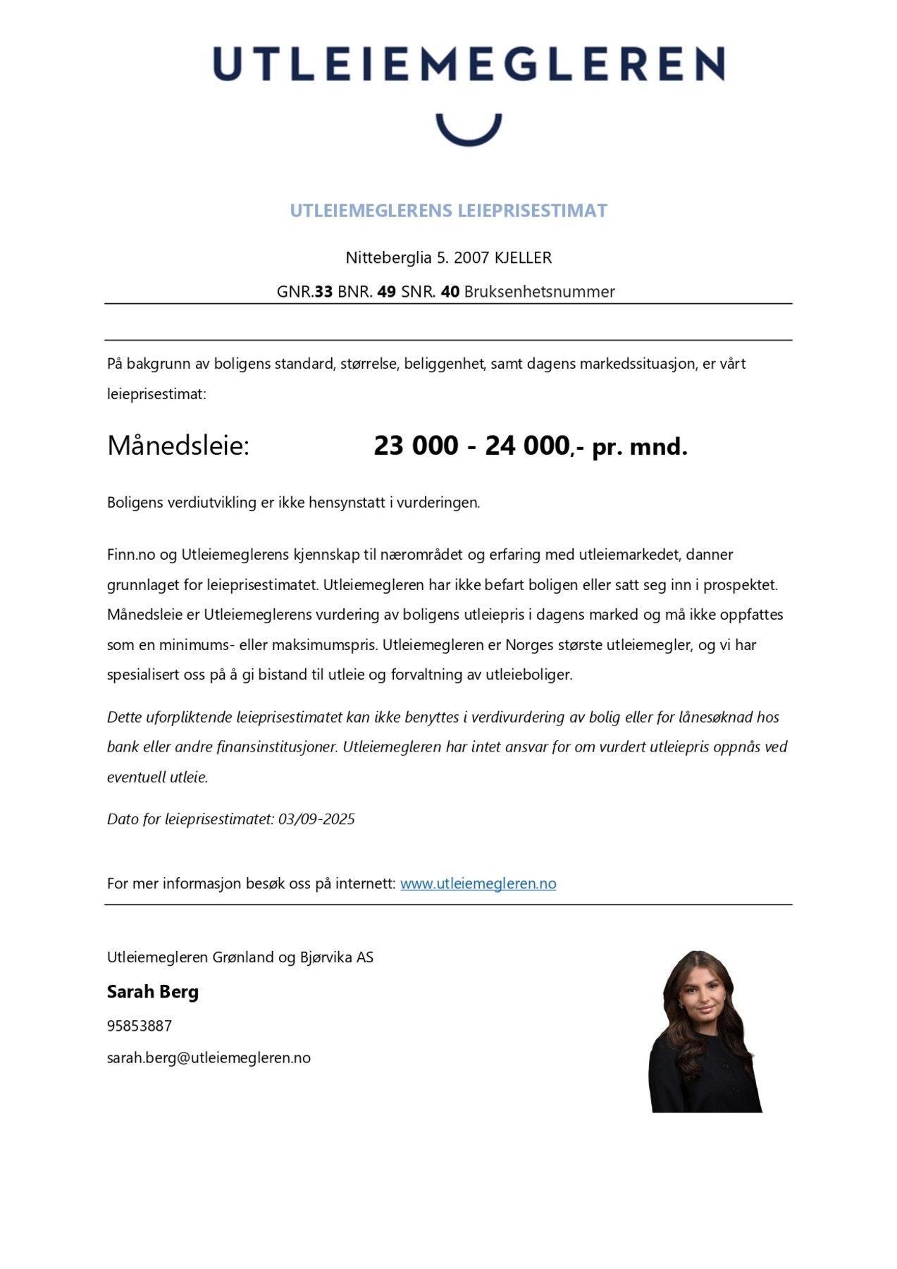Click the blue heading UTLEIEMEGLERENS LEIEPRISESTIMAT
448,211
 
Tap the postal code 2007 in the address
471,258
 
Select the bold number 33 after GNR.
323,292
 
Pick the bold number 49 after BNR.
386,292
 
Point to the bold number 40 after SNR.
450,292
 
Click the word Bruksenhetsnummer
539,292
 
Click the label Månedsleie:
178,446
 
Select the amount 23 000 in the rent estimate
416,446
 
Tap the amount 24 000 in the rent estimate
527,446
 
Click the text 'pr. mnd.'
639,447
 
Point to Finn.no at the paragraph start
131,555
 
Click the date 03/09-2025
316,819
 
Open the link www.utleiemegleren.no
478,883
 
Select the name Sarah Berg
153,992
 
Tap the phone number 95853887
140,1026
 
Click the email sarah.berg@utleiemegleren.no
209,1057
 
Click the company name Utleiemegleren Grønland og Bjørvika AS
240,957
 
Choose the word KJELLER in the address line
523,258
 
